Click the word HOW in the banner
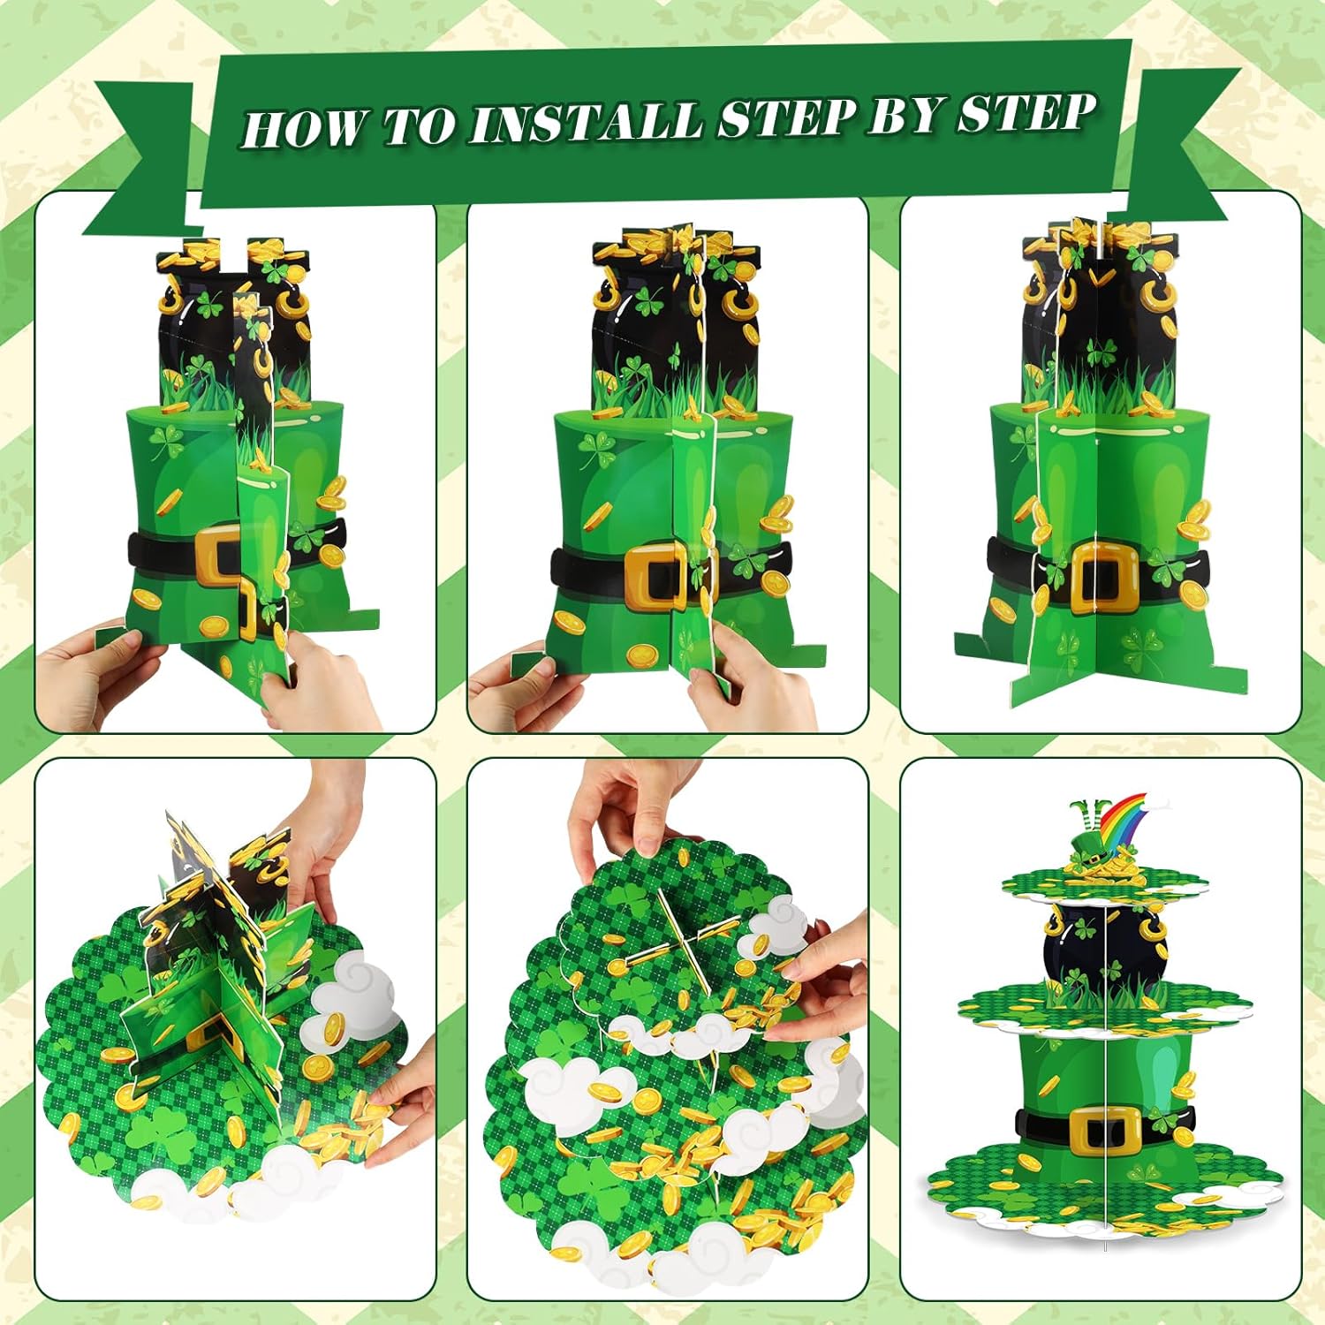point(303,127)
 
